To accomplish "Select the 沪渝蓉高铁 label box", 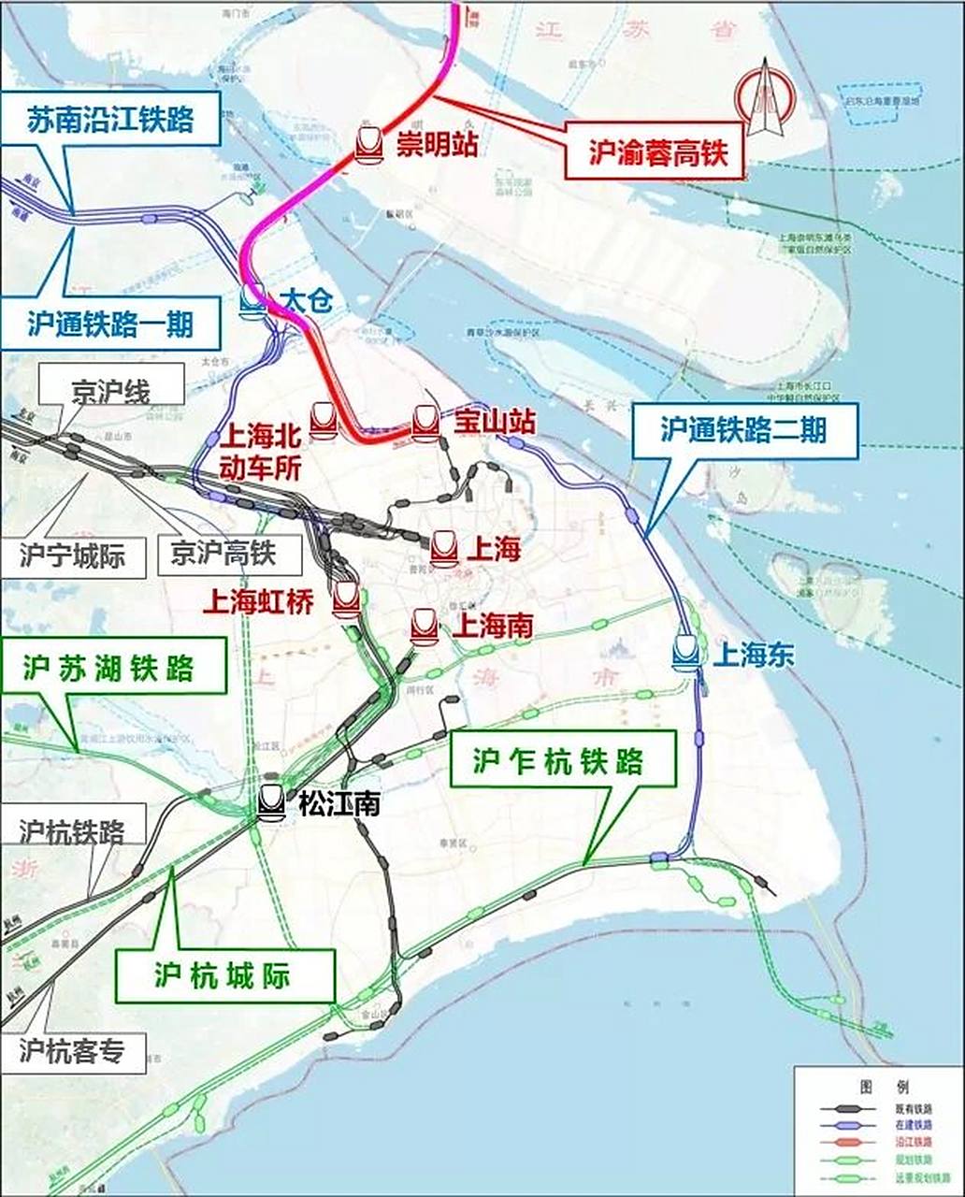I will click(x=657, y=152).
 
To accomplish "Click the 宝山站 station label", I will click(x=494, y=423).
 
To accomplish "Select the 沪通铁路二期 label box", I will click(x=744, y=429).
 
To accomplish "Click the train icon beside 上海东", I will click(x=687, y=653).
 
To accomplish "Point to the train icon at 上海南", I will click(x=425, y=626).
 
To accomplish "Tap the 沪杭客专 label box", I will click(x=72, y=1051).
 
